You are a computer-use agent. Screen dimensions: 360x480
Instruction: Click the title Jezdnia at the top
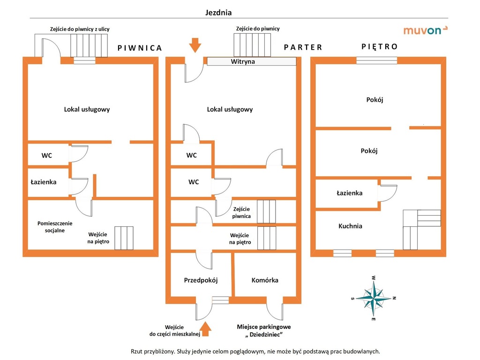(x=218, y=13)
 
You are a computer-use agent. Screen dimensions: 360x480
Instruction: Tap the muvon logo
(x=425, y=31)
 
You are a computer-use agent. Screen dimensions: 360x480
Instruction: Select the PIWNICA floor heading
(x=140, y=48)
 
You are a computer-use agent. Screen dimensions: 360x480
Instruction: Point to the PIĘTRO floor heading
(x=379, y=46)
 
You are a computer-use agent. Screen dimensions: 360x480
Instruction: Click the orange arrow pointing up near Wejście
(x=205, y=329)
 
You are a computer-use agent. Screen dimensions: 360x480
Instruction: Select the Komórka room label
(x=265, y=280)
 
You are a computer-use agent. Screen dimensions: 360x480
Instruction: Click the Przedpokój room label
(x=201, y=280)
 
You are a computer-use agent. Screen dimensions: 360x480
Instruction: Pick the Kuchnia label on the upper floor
(x=350, y=226)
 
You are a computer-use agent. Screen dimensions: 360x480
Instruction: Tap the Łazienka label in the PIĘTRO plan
(x=349, y=193)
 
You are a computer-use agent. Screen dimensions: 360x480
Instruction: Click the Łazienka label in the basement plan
(x=44, y=182)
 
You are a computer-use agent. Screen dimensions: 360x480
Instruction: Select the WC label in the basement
(x=46, y=156)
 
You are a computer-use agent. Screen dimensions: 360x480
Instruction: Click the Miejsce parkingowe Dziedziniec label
(x=264, y=331)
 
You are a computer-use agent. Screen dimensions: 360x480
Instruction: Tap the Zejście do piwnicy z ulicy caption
(x=80, y=29)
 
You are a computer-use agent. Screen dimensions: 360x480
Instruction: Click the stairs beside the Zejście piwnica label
(x=266, y=211)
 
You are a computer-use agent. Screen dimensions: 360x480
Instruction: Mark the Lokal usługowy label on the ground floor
(x=230, y=109)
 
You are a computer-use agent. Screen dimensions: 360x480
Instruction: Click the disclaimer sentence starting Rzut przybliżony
(x=255, y=351)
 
